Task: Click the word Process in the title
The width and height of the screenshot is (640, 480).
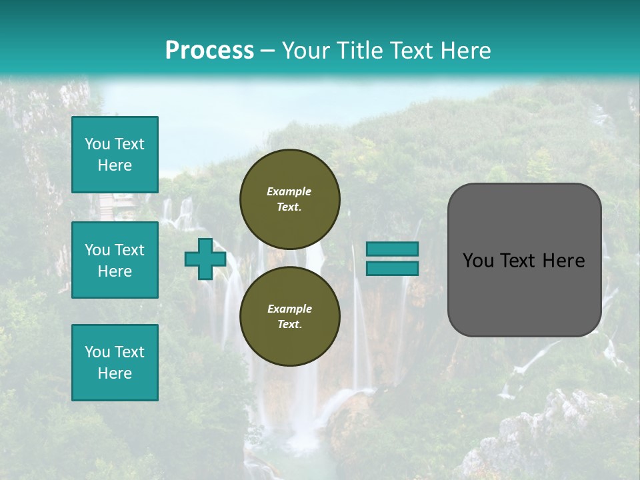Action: (x=209, y=51)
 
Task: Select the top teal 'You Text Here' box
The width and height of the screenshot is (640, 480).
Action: (x=115, y=155)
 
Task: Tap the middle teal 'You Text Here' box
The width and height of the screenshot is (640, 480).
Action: (x=115, y=260)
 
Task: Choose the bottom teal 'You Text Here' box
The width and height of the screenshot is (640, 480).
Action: (x=115, y=363)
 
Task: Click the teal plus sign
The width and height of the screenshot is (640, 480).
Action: (x=205, y=259)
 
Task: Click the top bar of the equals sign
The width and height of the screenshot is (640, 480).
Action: (x=392, y=249)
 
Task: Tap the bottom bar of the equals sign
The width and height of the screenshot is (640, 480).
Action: (x=392, y=269)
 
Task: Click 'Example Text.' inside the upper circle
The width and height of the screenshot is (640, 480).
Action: (x=289, y=199)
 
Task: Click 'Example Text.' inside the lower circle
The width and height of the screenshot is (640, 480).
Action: (x=289, y=317)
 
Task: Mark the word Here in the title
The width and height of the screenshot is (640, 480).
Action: (x=465, y=51)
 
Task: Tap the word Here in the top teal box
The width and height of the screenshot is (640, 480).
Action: (x=115, y=165)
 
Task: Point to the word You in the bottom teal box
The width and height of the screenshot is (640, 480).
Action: (x=97, y=352)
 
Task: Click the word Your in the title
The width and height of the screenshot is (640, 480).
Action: (x=307, y=51)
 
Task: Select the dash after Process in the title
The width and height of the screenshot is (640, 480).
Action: (x=268, y=51)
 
